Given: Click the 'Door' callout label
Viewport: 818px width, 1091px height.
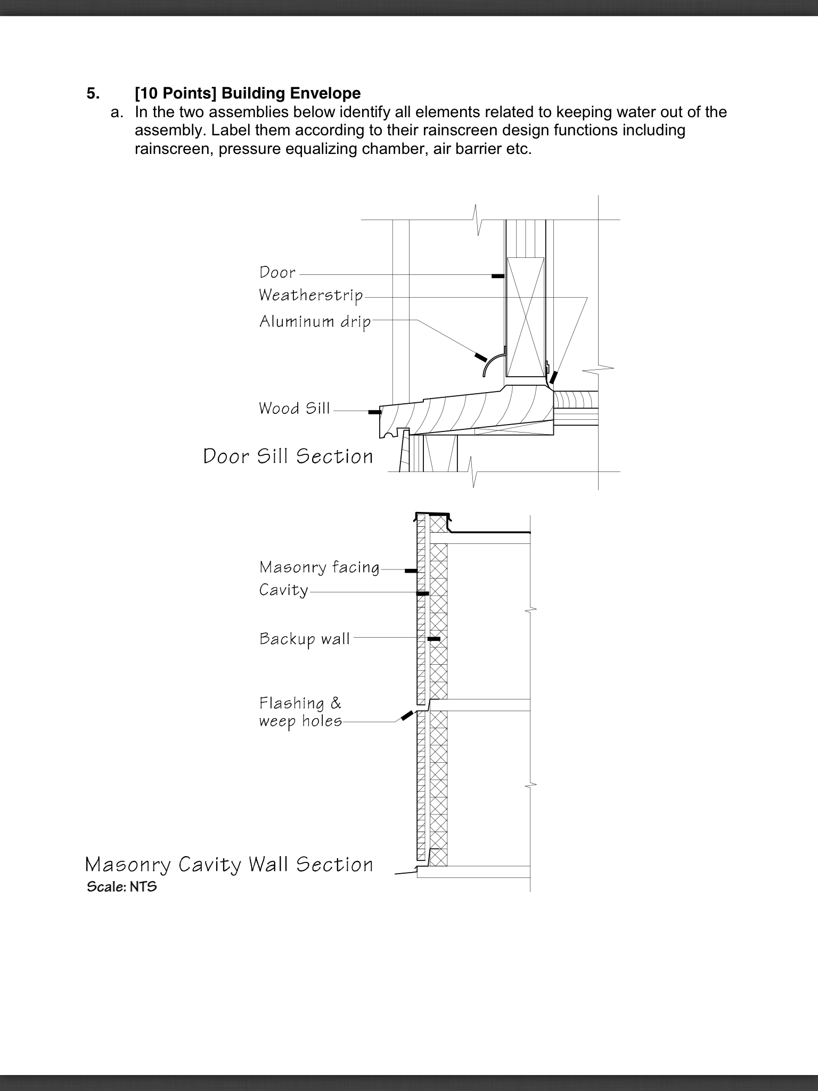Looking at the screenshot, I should [x=277, y=272].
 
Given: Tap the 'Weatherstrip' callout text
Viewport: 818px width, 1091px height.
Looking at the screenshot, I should [x=311, y=295].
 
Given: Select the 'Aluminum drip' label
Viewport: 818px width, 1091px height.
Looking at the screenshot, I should [x=315, y=322].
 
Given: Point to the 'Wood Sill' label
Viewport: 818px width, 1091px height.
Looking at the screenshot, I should [x=294, y=409].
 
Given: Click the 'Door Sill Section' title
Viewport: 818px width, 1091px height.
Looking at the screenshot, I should [x=288, y=457].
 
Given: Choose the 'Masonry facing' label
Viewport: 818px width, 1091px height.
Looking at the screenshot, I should [x=320, y=567].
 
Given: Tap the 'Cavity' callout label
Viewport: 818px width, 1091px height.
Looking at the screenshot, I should [x=284, y=590].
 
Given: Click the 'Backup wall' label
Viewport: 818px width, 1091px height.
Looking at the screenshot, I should [x=305, y=639].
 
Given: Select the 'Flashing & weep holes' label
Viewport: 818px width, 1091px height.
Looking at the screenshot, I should [x=300, y=712].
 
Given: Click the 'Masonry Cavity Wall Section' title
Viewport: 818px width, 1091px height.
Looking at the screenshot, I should [x=229, y=865].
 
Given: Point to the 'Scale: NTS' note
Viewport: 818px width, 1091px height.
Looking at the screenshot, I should [x=122, y=887].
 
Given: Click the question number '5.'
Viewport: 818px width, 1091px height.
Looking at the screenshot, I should [x=93, y=93].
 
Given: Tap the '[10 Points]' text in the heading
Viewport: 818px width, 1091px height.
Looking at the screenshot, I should [x=176, y=93].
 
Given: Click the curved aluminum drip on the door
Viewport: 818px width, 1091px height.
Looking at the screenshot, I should [x=493, y=362].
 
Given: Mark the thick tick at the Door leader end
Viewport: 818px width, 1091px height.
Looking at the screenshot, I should [x=497, y=276].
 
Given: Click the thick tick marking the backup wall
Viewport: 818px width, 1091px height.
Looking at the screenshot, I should [x=434, y=639].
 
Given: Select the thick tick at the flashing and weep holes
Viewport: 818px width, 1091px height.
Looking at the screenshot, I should [x=407, y=715].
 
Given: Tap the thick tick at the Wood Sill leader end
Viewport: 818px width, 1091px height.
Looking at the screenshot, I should [x=375, y=412].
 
